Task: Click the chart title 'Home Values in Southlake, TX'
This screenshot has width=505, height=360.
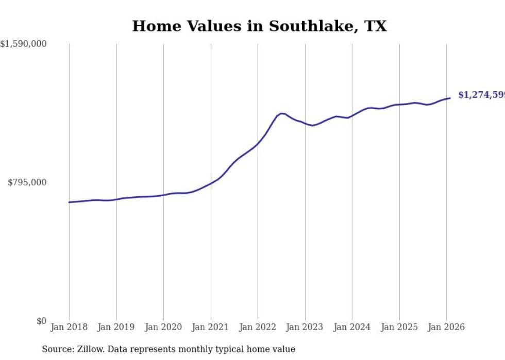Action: (x=259, y=26)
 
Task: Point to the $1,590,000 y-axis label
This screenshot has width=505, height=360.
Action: (x=24, y=44)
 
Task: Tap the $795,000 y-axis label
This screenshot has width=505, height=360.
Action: (x=27, y=182)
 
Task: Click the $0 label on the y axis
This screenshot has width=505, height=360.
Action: (x=41, y=321)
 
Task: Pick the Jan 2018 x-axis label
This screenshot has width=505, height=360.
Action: (x=69, y=327)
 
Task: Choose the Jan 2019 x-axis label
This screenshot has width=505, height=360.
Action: (x=116, y=327)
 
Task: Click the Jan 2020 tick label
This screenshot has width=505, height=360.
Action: (x=163, y=327)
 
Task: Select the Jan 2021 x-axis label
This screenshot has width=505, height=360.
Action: (x=210, y=327)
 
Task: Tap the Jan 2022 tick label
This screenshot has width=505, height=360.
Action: (x=258, y=327)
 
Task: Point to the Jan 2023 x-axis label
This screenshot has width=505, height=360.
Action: (x=305, y=327)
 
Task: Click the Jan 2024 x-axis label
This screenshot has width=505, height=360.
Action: (x=352, y=327)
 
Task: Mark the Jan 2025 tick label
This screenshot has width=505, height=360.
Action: (x=399, y=327)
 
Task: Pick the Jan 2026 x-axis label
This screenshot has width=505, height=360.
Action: (x=446, y=327)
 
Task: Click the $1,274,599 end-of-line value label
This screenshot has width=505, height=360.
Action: (x=481, y=95)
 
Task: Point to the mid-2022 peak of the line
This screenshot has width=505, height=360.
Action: (x=281, y=113)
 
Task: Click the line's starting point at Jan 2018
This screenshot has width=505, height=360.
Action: (x=69, y=202)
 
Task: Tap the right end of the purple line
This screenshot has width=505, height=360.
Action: (x=450, y=98)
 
